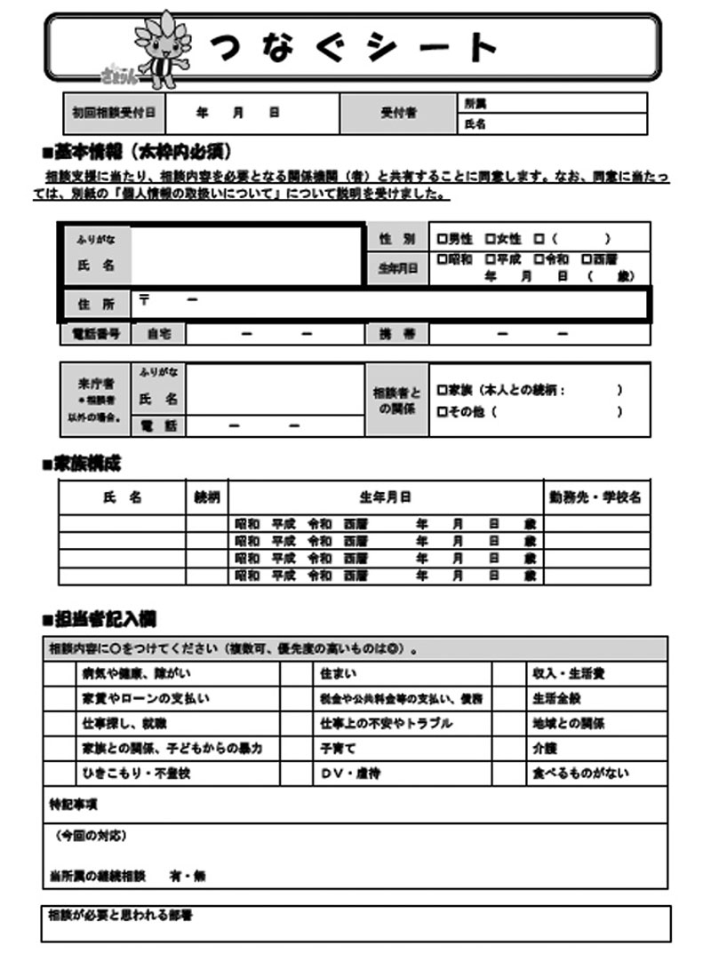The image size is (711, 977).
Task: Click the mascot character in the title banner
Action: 161,50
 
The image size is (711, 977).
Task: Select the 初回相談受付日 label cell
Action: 113,114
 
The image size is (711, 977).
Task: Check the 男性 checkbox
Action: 442,239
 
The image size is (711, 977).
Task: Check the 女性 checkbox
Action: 490,239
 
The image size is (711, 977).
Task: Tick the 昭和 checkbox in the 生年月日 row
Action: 442,260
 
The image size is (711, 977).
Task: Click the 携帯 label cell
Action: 396,334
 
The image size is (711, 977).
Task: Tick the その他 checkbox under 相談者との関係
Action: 442,411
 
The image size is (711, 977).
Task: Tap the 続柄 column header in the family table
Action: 206,497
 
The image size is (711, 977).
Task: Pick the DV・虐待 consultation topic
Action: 351,774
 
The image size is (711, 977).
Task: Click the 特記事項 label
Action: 73,804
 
